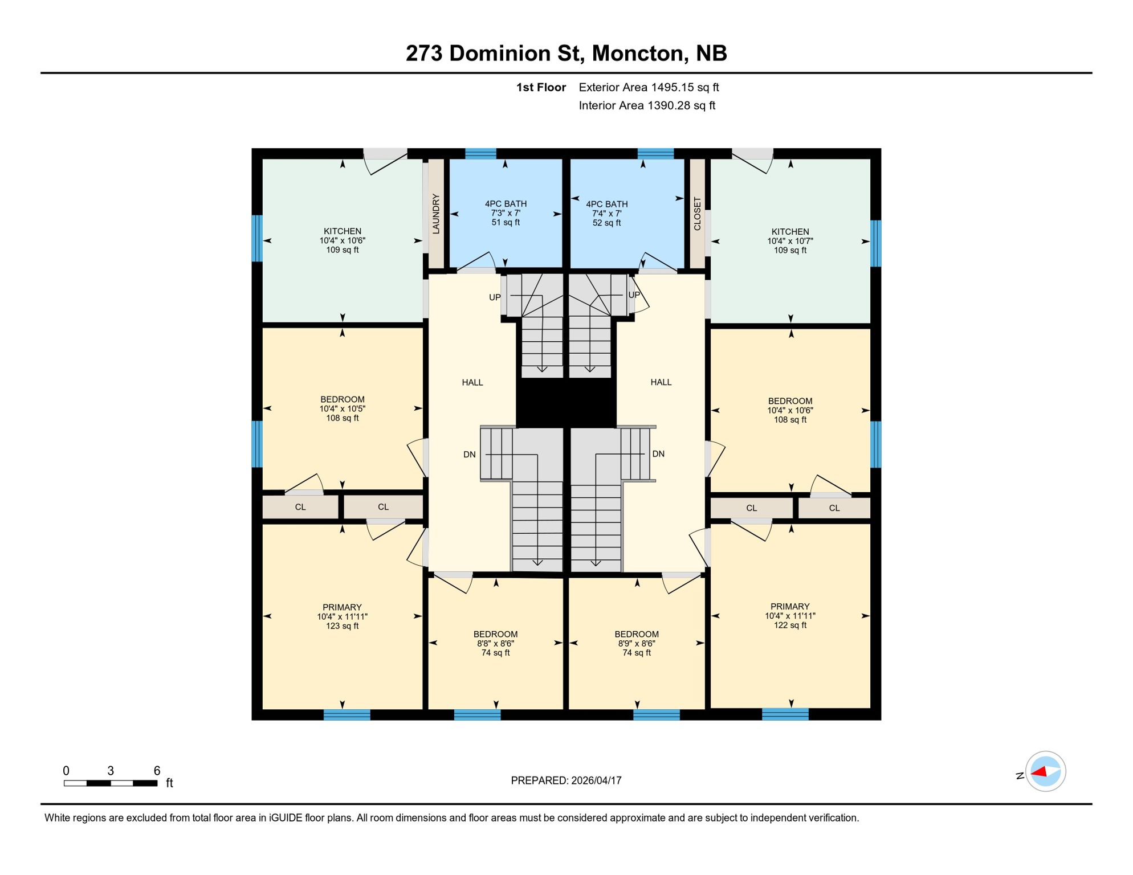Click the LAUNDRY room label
(x=436, y=214)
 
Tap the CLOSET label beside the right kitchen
(x=697, y=214)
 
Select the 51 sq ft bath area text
(x=506, y=223)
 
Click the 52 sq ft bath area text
(x=606, y=223)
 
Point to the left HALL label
(x=472, y=382)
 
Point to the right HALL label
(x=661, y=382)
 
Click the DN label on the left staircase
(x=470, y=455)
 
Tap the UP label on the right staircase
(x=634, y=295)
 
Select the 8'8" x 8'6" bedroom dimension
(x=495, y=644)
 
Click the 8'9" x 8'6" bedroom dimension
(x=637, y=644)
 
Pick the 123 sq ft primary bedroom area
(x=342, y=626)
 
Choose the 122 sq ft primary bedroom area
(x=790, y=625)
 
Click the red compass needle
(x=1040, y=772)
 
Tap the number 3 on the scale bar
(x=111, y=771)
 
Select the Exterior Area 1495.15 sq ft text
(x=649, y=87)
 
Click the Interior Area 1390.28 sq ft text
(x=647, y=105)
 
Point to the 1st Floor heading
(x=541, y=87)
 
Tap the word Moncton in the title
(x=638, y=54)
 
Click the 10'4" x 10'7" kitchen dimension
(x=790, y=241)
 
